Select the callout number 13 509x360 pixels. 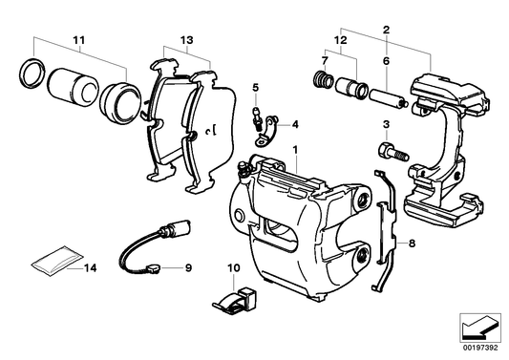[184, 39]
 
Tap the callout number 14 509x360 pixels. [91, 269]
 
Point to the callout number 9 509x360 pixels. [188, 269]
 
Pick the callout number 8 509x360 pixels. [412, 244]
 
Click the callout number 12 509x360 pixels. [339, 40]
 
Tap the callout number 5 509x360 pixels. [256, 88]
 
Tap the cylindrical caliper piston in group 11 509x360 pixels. [71, 86]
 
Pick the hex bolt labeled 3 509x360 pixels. [392, 150]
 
